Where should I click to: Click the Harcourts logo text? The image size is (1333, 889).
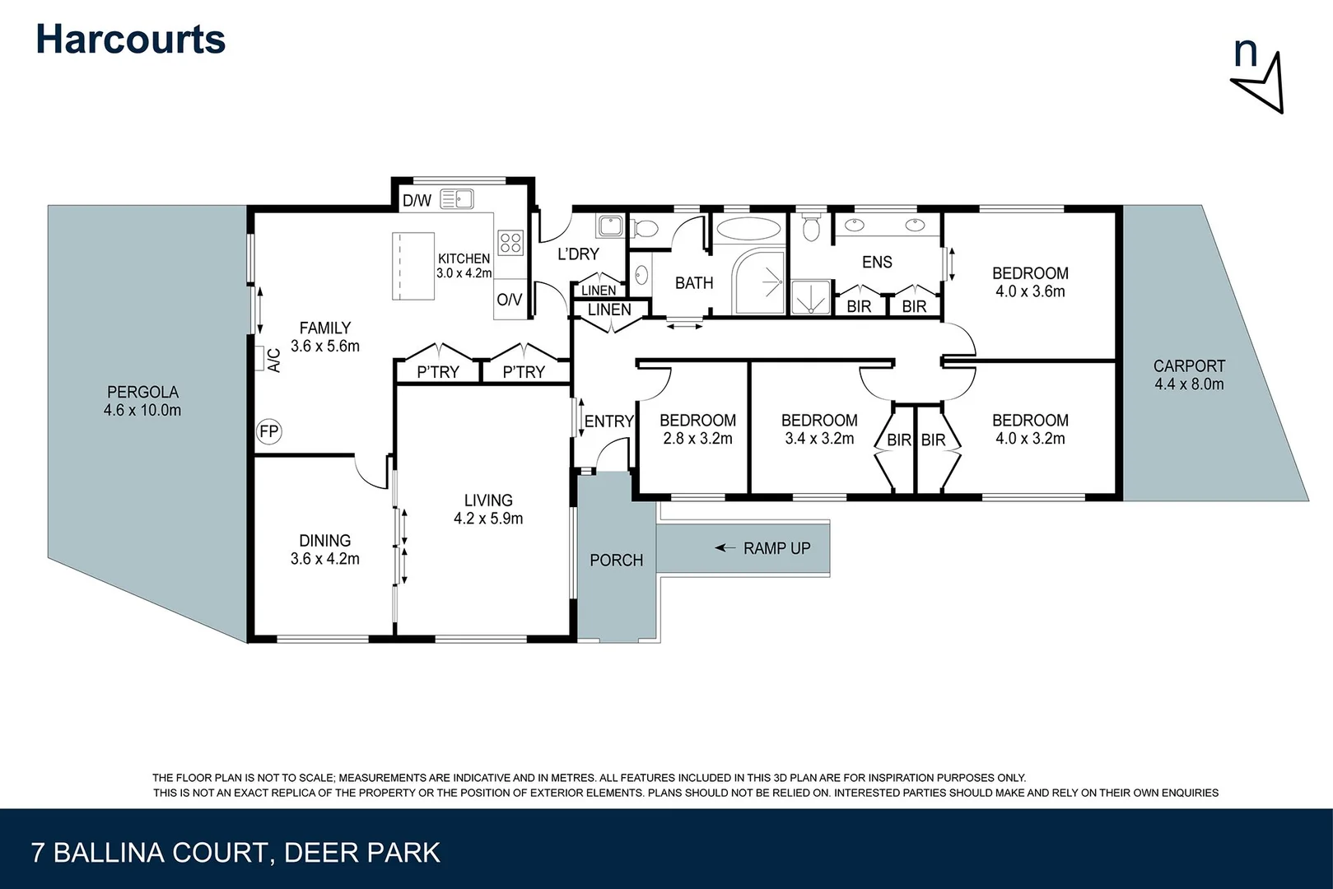coord(130,40)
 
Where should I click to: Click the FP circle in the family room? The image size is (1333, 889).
coord(269,431)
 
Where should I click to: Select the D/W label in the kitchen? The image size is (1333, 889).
coord(417,200)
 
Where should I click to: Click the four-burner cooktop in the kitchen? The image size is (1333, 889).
coord(510,242)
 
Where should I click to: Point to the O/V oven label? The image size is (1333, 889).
coord(509,300)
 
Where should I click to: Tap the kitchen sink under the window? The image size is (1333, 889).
coord(456,199)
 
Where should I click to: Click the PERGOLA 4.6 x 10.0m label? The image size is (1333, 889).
coord(142,401)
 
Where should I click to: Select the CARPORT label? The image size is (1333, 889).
coord(1189,375)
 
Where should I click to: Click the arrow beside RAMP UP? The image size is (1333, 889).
coord(725,547)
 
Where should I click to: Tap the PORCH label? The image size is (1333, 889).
coord(616,560)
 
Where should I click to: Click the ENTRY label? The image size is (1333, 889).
coord(608,421)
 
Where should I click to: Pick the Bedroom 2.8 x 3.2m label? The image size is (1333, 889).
coord(697,429)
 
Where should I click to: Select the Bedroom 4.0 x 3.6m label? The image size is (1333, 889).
coord(1030,282)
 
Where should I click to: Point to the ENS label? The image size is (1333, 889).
coord(877,262)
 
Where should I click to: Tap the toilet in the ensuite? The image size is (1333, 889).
coord(812,226)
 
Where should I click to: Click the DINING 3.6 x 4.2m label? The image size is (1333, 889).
coord(324,549)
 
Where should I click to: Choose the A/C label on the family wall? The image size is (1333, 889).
coord(275,360)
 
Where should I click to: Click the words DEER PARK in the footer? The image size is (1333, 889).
coord(361,853)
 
